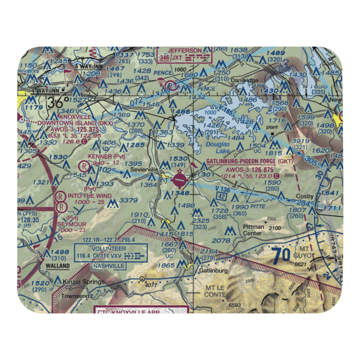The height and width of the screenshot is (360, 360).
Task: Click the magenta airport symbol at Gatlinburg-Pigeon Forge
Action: point(179,179)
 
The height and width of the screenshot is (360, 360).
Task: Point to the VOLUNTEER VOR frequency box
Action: point(110,253)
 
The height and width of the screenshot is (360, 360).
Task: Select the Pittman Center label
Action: point(253,230)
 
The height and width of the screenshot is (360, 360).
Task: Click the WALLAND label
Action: point(58,266)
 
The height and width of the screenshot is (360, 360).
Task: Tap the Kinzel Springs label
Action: point(84,282)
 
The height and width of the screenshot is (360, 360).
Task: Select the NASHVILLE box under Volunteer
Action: point(109,266)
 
